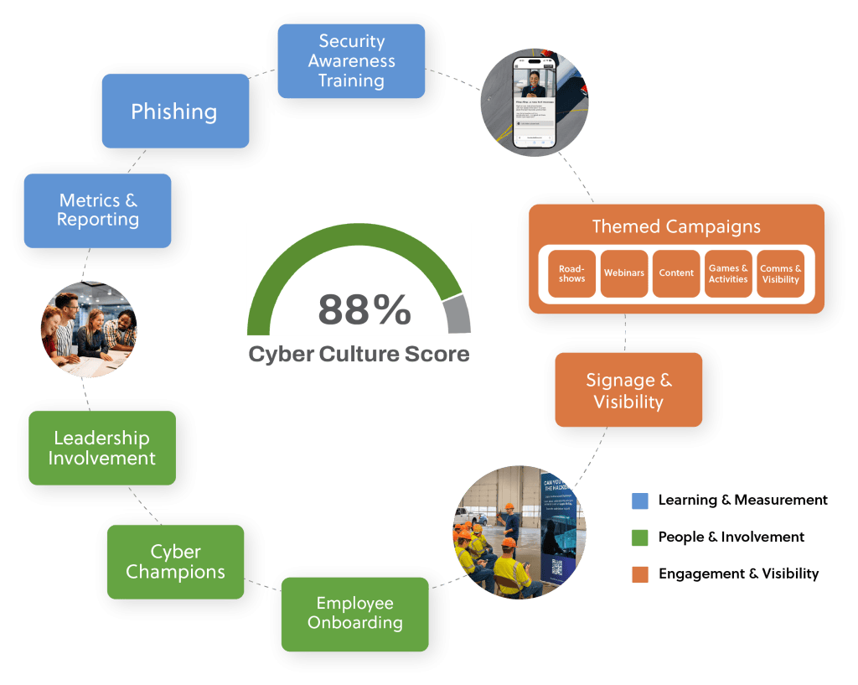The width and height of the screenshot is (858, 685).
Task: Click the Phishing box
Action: [x=174, y=112]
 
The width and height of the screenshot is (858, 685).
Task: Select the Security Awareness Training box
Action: [x=351, y=61]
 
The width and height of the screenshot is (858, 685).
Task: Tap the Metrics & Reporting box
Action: [x=98, y=210]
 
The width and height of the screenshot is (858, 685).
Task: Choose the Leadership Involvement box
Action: [x=101, y=448]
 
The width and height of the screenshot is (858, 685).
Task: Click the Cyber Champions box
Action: [x=176, y=562]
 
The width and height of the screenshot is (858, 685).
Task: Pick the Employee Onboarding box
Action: [x=354, y=614]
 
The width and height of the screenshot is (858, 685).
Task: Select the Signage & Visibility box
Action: [x=628, y=391]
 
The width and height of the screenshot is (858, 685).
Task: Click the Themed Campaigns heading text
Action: [x=676, y=226]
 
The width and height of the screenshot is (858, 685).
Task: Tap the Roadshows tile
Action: [x=572, y=273]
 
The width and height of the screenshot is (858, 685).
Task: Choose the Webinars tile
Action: [x=624, y=273]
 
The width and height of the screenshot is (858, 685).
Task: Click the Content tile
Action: [x=676, y=273]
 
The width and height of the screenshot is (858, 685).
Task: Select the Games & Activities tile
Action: [x=728, y=273]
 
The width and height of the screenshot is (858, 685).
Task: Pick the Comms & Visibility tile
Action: [x=780, y=273]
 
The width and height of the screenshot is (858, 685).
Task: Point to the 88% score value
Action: [x=364, y=309]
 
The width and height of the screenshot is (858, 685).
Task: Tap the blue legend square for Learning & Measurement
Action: [x=639, y=501]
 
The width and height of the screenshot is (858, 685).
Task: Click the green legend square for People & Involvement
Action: [x=639, y=537]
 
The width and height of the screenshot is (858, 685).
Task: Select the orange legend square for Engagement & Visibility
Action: [x=639, y=574]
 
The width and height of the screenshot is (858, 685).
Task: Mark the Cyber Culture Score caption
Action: [x=359, y=354]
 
